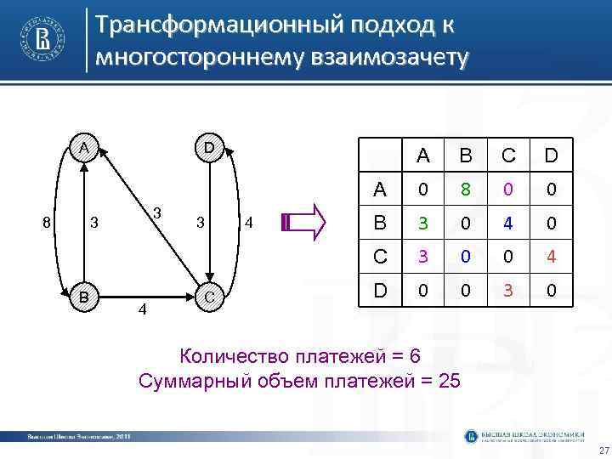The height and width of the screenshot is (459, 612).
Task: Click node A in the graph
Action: point(82,147)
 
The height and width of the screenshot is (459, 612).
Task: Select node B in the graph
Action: point(82,297)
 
